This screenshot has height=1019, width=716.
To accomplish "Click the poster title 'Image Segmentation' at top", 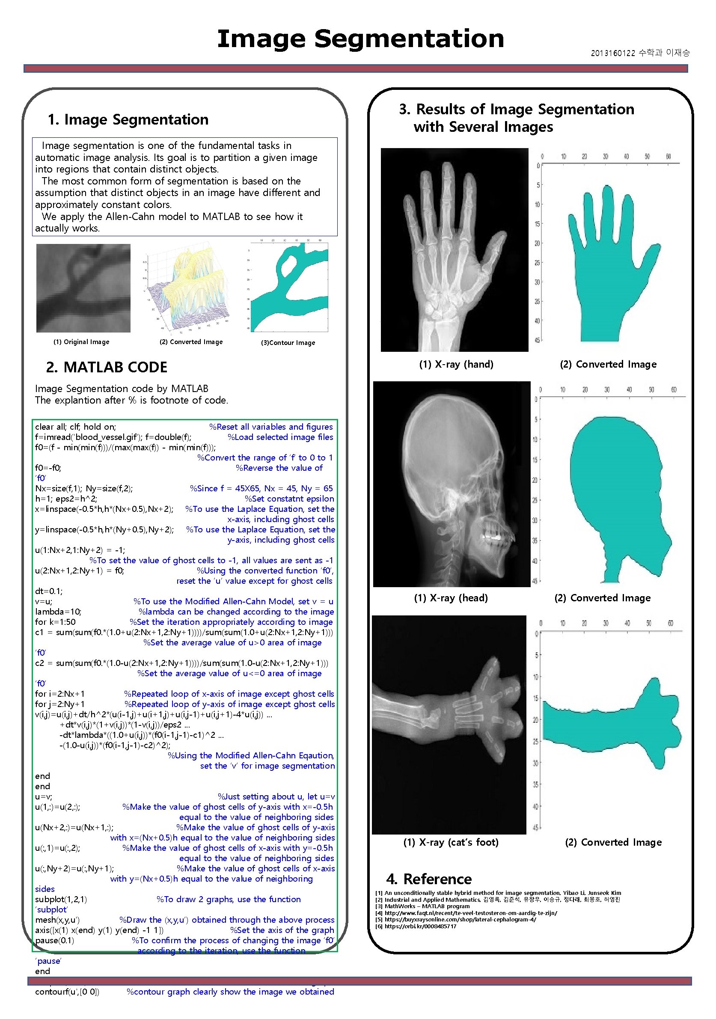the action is click(360, 39).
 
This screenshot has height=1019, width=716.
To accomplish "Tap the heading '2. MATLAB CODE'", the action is click(107, 367).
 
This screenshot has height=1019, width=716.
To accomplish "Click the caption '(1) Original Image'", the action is click(81, 342).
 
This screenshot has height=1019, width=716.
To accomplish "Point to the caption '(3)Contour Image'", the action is click(288, 343).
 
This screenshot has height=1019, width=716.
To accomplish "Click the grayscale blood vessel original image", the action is click(83, 288).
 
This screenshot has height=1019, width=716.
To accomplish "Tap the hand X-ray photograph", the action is click(454, 250).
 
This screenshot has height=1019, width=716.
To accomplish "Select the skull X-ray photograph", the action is click(452, 484).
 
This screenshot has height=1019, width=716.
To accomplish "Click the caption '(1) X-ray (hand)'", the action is click(456, 364).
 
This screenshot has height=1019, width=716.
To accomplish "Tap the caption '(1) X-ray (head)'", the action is click(451, 598).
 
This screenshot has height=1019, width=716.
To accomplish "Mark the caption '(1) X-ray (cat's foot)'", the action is click(451, 842).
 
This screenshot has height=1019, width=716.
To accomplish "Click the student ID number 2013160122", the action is click(612, 53).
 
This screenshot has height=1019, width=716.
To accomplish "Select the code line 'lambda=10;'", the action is click(58, 612).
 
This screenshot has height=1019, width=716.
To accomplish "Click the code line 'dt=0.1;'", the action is click(49, 591).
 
